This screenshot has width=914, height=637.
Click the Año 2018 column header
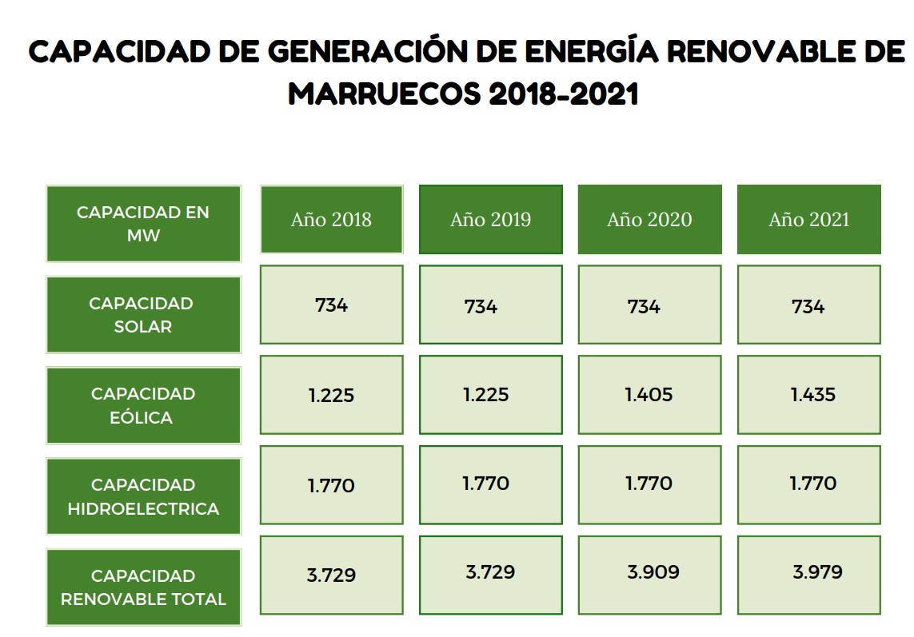[331, 220]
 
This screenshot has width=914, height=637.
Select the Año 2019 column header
[490, 220]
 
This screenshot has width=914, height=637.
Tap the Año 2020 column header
[649, 220]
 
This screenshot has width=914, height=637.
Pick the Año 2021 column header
[808, 220]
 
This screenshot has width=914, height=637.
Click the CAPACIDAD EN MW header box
[143, 224]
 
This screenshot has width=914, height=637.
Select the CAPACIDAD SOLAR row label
[143, 315]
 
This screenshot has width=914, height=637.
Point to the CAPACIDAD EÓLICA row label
[143, 405]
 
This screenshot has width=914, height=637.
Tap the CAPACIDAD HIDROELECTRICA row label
[143, 496]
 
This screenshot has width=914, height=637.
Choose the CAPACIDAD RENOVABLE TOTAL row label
[143, 587]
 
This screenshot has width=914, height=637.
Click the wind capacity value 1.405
[649, 395]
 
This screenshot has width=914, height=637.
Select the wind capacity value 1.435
[812, 395]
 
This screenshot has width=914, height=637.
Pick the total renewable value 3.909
[653, 572]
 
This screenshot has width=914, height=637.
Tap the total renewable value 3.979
[817, 572]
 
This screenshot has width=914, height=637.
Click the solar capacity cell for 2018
[331, 305]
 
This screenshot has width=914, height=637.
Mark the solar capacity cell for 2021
[808, 305]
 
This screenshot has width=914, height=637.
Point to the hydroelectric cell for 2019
[490, 484]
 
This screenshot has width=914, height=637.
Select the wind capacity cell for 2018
[331, 396]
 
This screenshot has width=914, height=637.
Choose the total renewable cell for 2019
[490, 574]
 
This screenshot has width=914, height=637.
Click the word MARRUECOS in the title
[382, 94]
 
